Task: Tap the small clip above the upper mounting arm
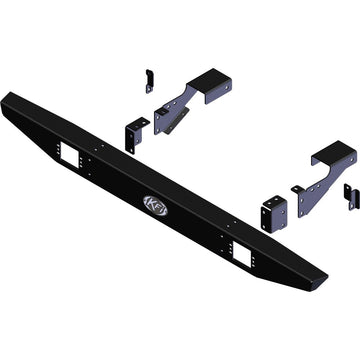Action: pos(149,80)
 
